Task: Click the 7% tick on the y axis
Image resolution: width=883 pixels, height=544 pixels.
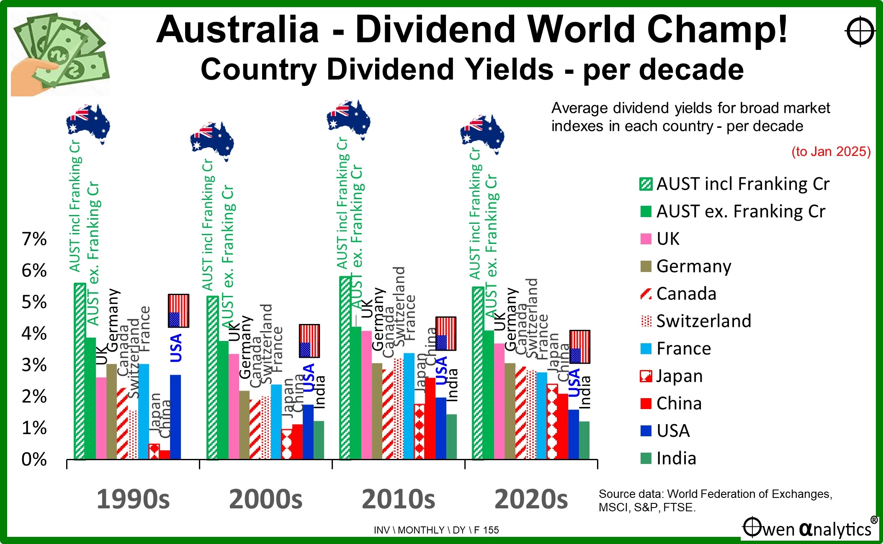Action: click(34, 239)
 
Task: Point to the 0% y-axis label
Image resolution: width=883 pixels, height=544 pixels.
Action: click(34, 460)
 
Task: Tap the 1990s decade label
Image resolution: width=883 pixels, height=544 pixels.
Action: click(133, 499)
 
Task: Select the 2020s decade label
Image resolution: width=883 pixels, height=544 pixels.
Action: click(531, 499)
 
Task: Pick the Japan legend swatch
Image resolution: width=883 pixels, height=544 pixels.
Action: click(646, 376)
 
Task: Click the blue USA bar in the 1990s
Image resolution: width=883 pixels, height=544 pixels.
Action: click(175, 417)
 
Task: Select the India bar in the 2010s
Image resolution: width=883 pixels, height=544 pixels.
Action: click(451, 436)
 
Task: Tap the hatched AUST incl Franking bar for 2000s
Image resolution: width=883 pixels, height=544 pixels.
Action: click(213, 378)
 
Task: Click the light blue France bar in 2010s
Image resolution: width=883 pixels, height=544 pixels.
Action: click(409, 406)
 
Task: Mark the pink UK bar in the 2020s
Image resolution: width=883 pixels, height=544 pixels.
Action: click(499, 401)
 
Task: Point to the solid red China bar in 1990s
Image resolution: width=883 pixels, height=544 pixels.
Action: click(165, 454)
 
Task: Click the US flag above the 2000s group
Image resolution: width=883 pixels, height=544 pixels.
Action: click(309, 341)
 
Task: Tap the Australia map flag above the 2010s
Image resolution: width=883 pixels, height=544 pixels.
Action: click(348, 119)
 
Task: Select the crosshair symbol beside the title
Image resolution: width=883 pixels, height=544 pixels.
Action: click(860, 32)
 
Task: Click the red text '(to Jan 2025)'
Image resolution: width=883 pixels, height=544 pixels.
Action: click(831, 151)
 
